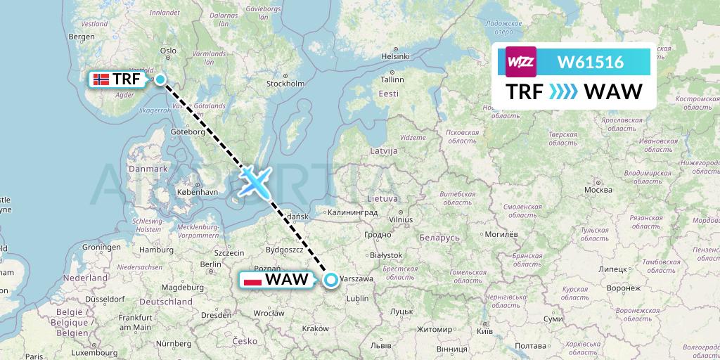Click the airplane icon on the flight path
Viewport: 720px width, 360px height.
pos(254,181)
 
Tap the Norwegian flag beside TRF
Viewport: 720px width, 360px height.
pos(101,79)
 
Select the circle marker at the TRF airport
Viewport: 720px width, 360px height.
pos(160,79)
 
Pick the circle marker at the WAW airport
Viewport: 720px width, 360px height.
pos(330,280)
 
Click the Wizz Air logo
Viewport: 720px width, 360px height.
pos(521,62)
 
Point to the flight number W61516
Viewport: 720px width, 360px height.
pos(590,62)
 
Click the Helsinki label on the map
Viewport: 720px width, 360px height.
pos(394,56)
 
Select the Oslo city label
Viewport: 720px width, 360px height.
pos(168,50)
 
